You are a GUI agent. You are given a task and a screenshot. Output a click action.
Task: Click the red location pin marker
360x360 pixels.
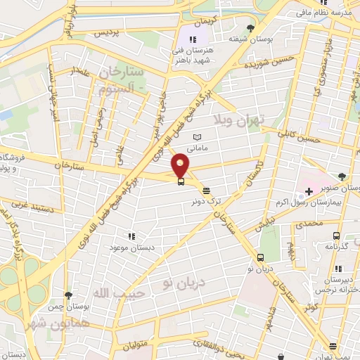181,165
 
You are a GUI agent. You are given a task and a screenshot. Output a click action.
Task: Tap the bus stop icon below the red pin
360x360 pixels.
181,181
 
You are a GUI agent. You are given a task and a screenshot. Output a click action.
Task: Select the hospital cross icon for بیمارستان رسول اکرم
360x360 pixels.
309,191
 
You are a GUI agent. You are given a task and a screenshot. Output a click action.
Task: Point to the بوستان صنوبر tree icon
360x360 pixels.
341,176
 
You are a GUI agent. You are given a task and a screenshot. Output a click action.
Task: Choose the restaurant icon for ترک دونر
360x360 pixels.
206,190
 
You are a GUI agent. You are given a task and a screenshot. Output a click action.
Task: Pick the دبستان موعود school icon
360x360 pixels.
130,236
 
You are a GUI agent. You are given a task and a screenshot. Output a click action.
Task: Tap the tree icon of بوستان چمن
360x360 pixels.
67,296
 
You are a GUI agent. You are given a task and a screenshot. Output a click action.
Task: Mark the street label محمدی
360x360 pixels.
309,223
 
